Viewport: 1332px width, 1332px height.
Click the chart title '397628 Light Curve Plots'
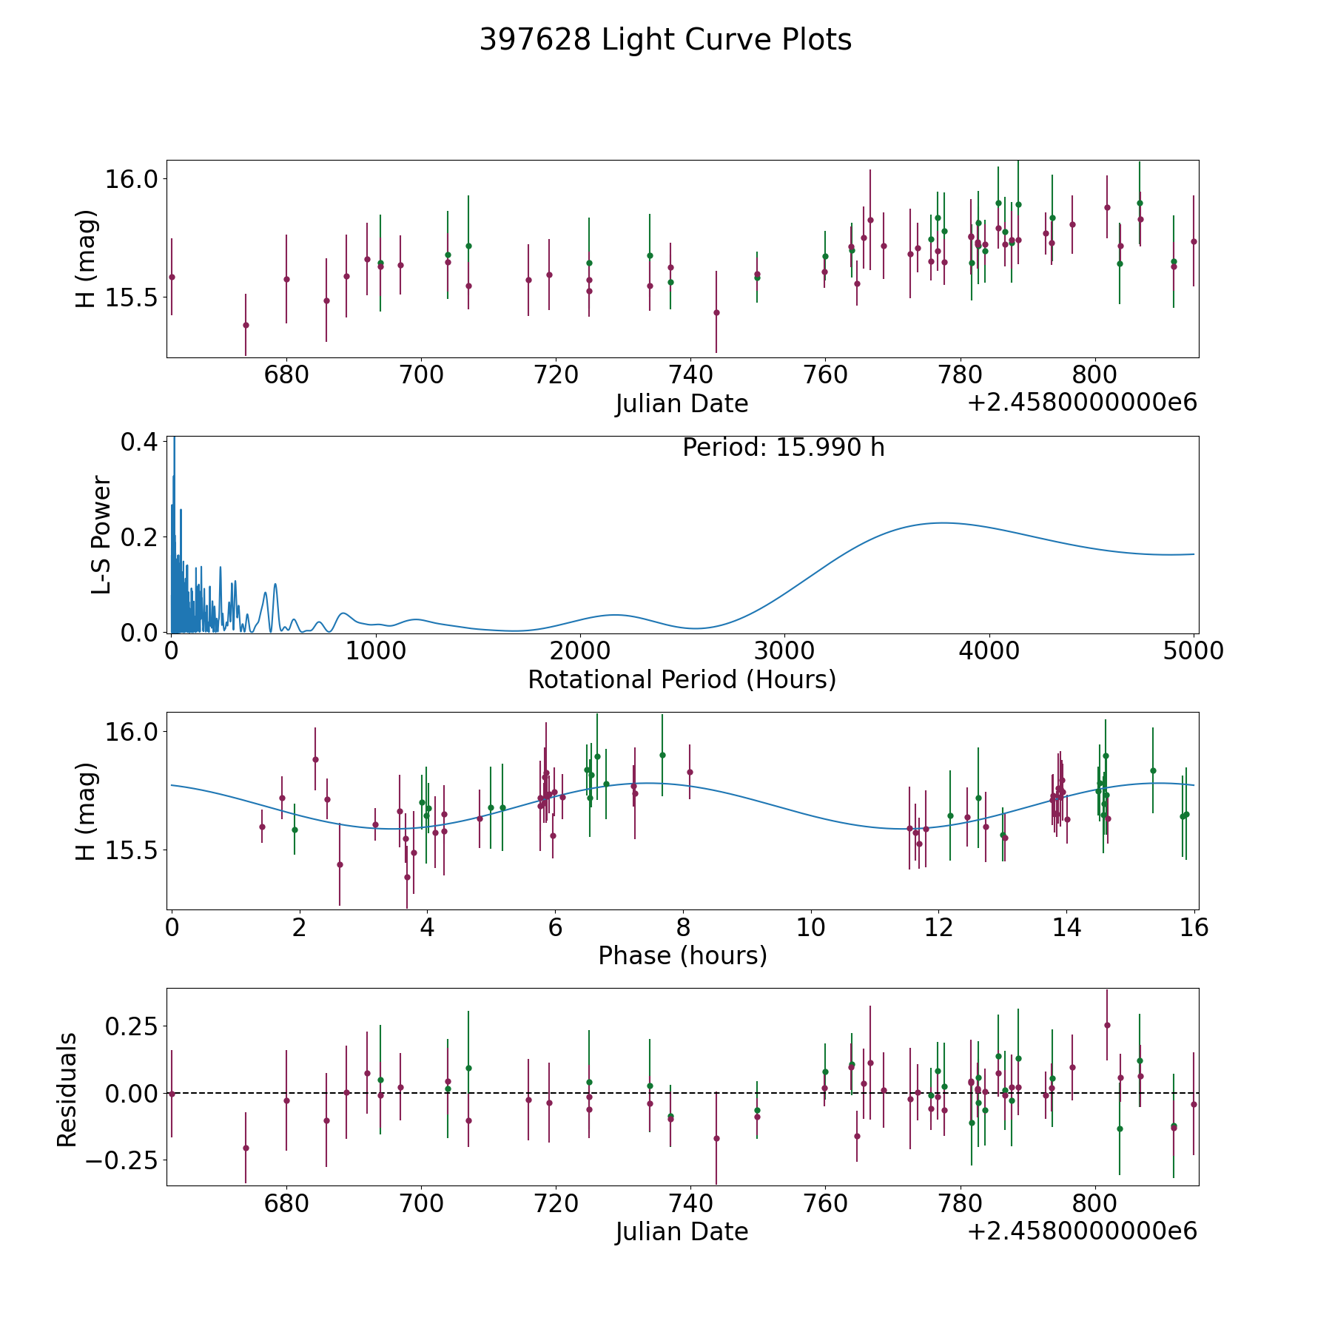[665, 40]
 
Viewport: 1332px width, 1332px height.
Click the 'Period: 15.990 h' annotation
[783, 448]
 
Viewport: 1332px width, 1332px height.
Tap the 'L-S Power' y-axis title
[102, 535]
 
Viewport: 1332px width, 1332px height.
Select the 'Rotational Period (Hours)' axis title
[682, 679]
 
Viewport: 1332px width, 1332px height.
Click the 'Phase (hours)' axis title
[682, 955]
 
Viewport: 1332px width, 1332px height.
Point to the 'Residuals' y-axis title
[67, 1089]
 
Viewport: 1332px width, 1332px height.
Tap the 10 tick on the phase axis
[811, 927]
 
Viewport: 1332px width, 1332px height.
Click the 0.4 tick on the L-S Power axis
[138, 442]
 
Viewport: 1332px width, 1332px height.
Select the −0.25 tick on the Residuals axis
[123, 1160]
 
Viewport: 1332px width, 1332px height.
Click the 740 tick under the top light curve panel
[690, 375]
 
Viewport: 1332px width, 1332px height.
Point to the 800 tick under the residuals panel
[1094, 1203]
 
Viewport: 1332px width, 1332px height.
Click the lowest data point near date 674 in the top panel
[246, 325]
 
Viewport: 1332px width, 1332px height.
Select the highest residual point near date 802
[1107, 1025]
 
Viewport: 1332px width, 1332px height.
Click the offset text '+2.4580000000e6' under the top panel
[1082, 403]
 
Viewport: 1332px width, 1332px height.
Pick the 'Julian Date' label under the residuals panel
[682, 1231]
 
